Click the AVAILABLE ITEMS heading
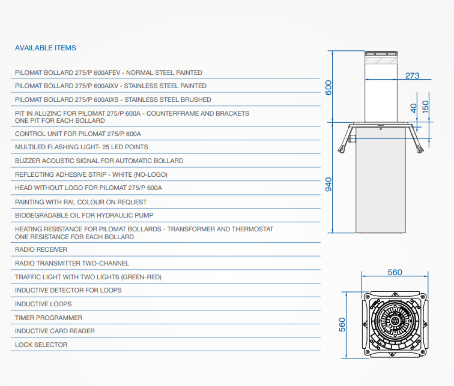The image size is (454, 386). pos(46,48)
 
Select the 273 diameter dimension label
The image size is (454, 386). pos(413,76)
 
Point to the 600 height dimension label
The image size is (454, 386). pos(328,88)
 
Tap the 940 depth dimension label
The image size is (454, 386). pos(328,185)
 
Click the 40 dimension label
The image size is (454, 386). pos(413,108)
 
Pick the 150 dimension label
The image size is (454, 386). pos(425,107)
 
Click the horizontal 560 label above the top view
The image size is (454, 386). pos(395,272)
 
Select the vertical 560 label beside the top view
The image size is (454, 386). pos(342,324)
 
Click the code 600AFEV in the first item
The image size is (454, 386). pos(107,73)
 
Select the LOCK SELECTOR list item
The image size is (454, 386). pos(41,345)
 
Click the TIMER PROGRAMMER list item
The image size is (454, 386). pos(49,318)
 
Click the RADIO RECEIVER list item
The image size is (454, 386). pos(41,249)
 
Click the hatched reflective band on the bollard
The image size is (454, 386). pos(381,61)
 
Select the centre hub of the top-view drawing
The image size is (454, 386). pos(395,321)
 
